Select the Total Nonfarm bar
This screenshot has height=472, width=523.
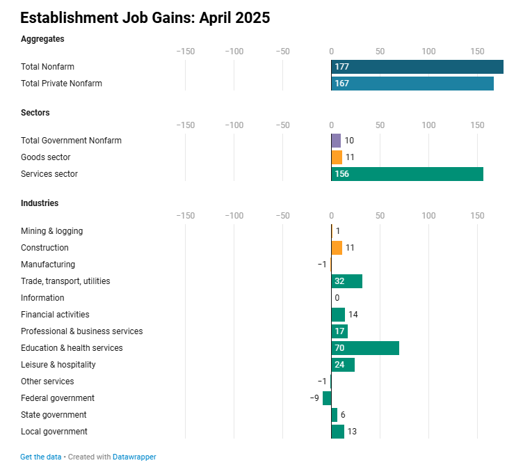417,67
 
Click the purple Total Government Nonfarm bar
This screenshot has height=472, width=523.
336,141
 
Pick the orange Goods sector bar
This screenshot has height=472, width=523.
337,157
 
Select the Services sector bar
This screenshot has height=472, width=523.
407,174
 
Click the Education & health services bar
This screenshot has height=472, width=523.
365,348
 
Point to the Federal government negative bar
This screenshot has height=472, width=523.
327,398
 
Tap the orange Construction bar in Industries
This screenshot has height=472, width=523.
337,248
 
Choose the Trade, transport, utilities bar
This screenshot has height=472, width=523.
346,281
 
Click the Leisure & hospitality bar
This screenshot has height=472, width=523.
343,365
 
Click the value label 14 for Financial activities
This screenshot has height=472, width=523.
353,315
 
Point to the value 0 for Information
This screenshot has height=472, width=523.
337,298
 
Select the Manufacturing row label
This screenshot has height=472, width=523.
48,265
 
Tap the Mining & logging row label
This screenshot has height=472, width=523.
51,231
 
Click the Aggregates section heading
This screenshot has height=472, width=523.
42,39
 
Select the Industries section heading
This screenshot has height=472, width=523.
40,203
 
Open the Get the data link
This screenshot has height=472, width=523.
41,457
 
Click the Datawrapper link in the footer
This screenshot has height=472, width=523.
134,457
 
